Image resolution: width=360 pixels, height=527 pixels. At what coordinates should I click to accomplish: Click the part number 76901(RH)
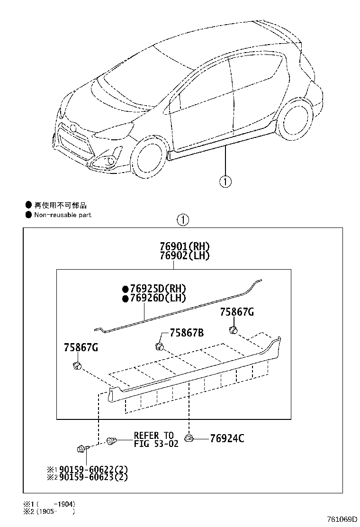pos(184,247)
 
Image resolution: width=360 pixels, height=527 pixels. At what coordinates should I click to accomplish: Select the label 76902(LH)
pos(184,255)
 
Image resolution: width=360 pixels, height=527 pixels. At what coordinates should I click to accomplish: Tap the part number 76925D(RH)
pos(154,289)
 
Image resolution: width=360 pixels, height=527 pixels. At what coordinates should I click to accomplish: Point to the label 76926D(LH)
pos(154,298)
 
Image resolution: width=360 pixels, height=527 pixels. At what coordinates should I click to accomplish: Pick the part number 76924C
pos(227,438)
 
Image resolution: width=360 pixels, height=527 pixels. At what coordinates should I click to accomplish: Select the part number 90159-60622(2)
pos(87,469)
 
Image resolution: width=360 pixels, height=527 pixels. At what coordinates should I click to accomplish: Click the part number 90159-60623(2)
pos(87,477)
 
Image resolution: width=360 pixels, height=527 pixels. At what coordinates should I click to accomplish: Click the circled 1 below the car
pos(225,181)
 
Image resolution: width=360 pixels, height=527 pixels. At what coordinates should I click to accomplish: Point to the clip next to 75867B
pos(160,346)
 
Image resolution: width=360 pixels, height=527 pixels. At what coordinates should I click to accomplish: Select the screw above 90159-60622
pos(81,447)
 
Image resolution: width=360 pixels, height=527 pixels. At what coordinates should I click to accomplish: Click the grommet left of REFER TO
pos(112,441)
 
